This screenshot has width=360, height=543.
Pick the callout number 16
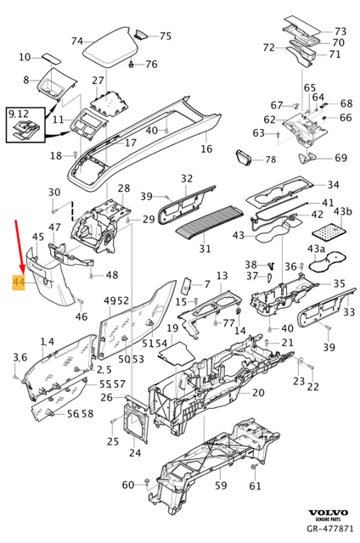coord(206,149)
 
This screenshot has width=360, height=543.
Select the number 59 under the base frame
coord(220,486)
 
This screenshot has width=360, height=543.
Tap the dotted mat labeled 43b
coord(329,229)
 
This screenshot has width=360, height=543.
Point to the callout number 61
coord(255,486)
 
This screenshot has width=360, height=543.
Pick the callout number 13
coord(222,277)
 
